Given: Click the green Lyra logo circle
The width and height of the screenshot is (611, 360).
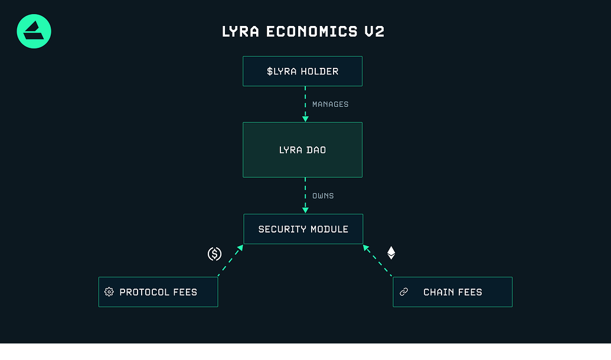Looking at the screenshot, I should pyautogui.click(x=34, y=31).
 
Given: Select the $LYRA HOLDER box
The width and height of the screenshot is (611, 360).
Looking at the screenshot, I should pyautogui.click(x=302, y=71).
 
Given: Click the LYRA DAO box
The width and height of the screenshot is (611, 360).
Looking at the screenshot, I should pyautogui.click(x=302, y=150).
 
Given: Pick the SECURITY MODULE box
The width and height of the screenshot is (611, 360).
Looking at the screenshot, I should pyautogui.click(x=303, y=229).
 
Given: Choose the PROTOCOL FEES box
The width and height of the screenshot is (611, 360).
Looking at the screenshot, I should pyautogui.click(x=158, y=292).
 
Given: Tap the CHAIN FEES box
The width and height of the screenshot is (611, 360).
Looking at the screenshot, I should pyautogui.click(x=452, y=292).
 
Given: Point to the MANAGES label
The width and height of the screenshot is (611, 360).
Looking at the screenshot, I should pyautogui.click(x=330, y=104).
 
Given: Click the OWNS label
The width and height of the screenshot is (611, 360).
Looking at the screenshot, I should pyautogui.click(x=323, y=196).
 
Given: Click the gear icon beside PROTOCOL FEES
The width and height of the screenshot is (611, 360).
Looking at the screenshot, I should pyautogui.click(x=109, y=292).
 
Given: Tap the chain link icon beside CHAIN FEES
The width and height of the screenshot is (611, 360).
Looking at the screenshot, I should pyautogui.click(x=404, y=292).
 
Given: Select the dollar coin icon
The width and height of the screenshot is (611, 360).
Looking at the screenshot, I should pyautogui.click(x=214, y=254).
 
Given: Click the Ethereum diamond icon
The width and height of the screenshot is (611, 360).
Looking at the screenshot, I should pyautogui.click(x=391, y=253).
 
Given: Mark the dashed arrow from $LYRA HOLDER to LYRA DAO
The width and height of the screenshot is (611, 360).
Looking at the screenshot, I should pyautogui.click(x=305, y=104).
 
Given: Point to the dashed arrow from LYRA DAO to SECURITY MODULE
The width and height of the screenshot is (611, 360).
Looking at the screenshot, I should pyautogui.click(x=305, y=195).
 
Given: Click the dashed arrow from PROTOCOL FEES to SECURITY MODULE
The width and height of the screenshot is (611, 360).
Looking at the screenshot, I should pyautogui.click(x=230, y=260).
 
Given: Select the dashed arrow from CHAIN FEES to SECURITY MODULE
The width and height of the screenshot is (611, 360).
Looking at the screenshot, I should pyautogui.click(x=377, y=260).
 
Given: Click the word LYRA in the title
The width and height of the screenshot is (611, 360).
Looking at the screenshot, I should pyautogui.click(x=241, y=31).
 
